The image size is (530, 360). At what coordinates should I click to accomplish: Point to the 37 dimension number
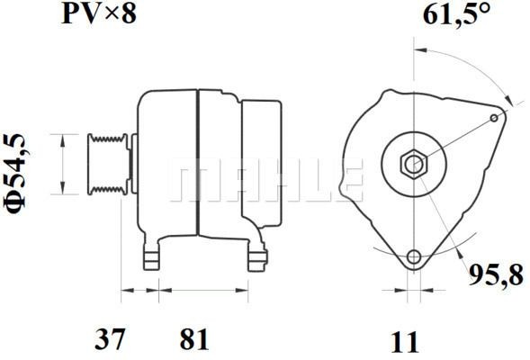[x=110, y=340]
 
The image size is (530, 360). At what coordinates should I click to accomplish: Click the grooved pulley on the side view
[x=106, y=164]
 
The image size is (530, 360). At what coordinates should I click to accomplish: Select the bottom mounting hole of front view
[x=413, y=257]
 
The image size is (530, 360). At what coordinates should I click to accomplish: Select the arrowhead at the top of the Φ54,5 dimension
[x=61, y=138]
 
